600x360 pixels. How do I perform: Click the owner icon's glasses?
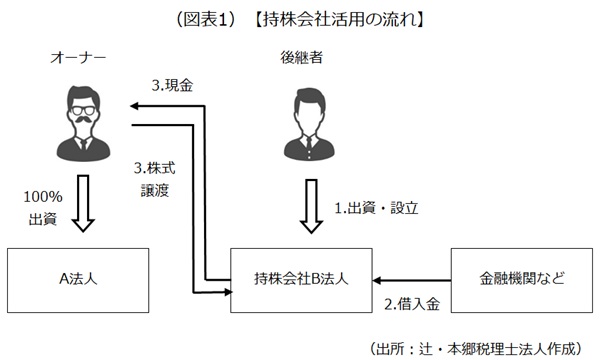pyautogui.click(x=81, y=106)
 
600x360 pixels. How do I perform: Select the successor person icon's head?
pyautogui.click(x=300, y=106)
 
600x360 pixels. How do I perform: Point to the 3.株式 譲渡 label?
pyautogui.click(x=160, y=178)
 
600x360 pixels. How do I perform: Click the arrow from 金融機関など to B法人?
pyautogui.click(x=416, y=281)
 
